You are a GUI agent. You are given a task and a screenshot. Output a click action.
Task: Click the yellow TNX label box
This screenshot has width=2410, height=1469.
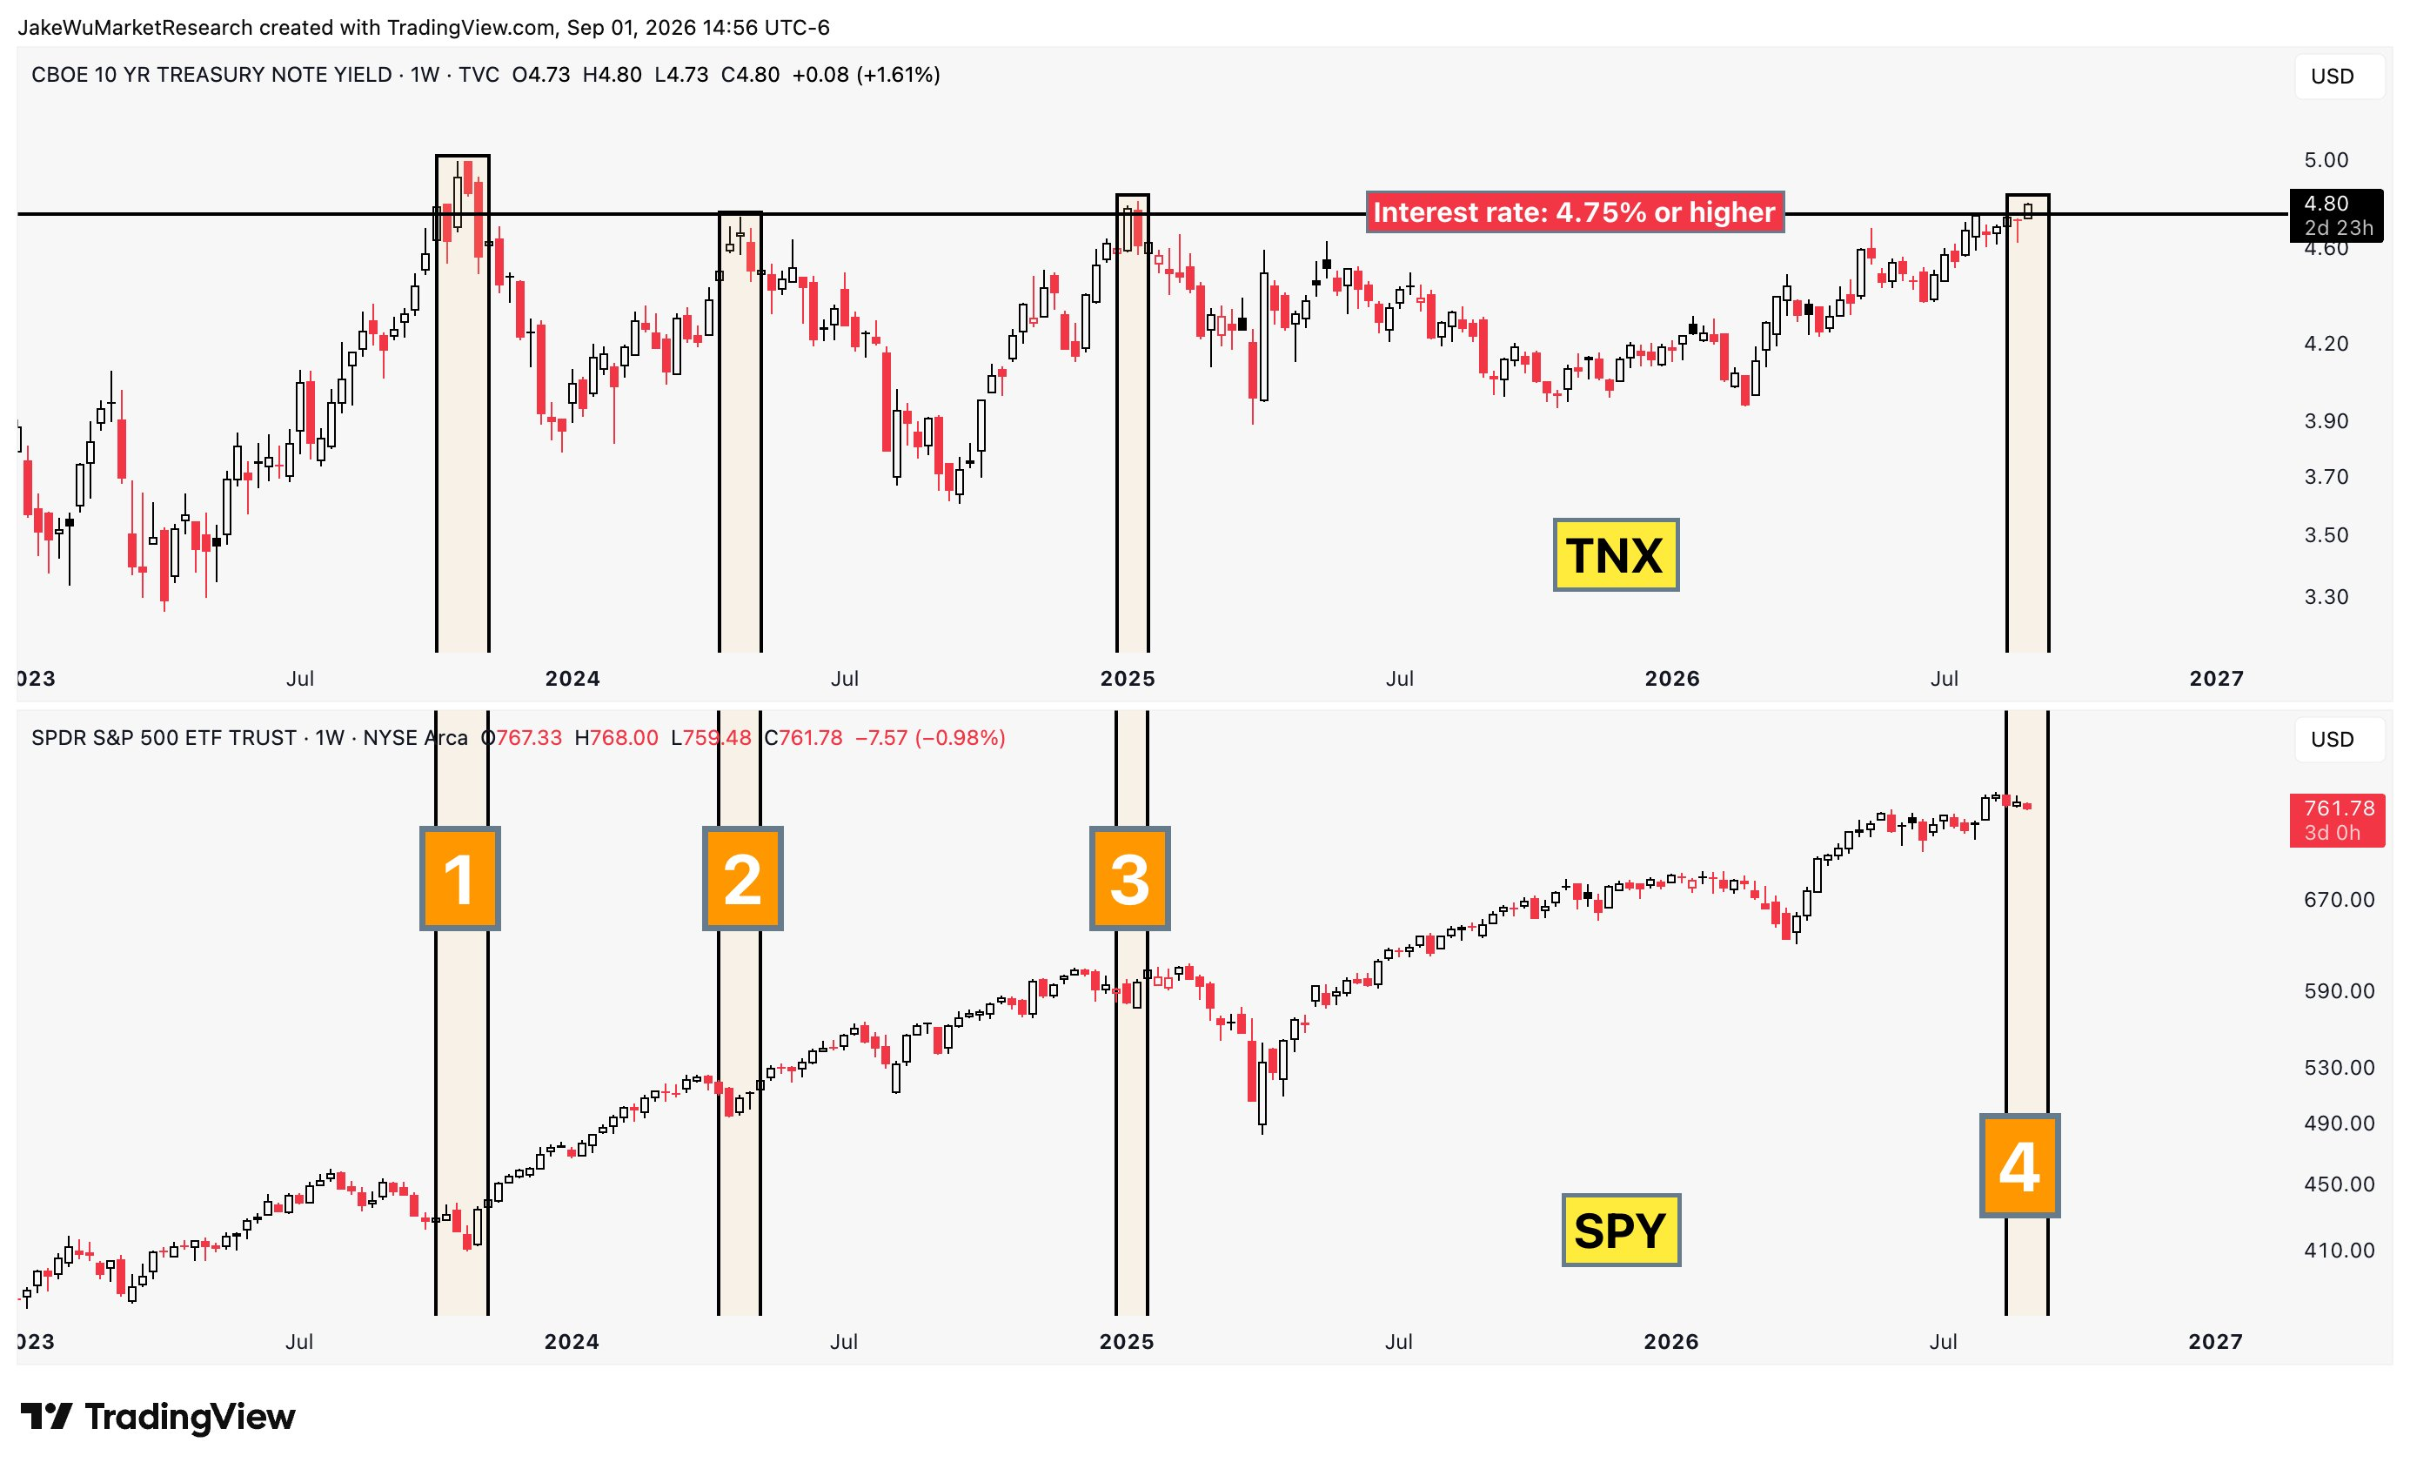coord(1616,554)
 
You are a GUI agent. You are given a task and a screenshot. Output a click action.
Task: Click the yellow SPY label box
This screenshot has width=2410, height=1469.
coord(1621,1230)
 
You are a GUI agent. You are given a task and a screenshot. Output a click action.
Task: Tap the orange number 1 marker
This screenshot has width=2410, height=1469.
coord(459,878)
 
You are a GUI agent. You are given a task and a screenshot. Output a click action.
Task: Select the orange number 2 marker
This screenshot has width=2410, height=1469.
coord(742,878)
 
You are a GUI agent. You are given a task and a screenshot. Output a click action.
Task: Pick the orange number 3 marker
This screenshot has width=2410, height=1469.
coord(1129,878)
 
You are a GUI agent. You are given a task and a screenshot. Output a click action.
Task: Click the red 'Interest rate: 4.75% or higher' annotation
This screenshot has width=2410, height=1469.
coord(1575,212)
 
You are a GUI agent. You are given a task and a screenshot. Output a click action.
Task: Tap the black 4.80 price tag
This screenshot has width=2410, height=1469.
coord(2337,215)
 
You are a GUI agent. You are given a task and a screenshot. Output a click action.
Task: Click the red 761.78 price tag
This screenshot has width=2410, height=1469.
coord(2337,820)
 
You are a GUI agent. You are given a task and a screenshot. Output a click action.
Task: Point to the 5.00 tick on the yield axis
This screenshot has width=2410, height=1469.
coord(2326,159)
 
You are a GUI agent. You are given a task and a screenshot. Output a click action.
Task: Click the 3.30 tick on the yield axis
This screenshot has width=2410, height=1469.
coord(2326,597)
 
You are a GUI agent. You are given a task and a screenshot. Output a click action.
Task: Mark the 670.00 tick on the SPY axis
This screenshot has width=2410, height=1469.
coord(2339,899)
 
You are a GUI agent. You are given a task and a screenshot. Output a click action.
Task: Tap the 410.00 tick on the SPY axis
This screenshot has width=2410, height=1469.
coord(2339,1250)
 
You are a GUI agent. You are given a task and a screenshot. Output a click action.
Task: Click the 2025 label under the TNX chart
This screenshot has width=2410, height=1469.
coord(1128,679)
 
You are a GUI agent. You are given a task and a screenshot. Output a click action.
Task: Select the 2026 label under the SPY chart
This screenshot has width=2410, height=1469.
coord(1671,1342)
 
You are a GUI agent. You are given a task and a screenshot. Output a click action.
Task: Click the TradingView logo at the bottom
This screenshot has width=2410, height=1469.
coord(157,1416)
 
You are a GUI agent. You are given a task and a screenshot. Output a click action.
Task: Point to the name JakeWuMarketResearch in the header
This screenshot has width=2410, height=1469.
coord(135,27)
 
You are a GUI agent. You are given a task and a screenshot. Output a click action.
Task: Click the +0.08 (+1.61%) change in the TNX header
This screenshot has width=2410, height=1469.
coord(866,76)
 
